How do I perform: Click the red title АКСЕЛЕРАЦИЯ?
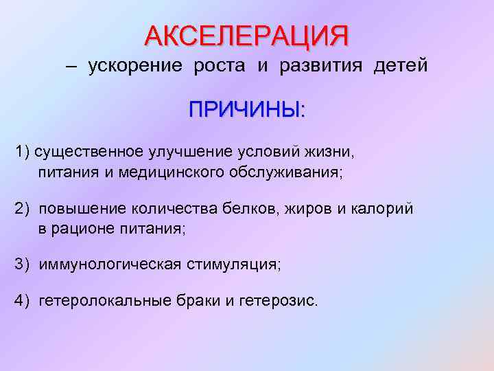tap(246, 35)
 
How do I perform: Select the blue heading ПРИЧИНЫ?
tap(247, 110)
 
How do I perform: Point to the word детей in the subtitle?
tap(400, 66)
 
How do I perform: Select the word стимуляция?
tap(232, 265)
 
